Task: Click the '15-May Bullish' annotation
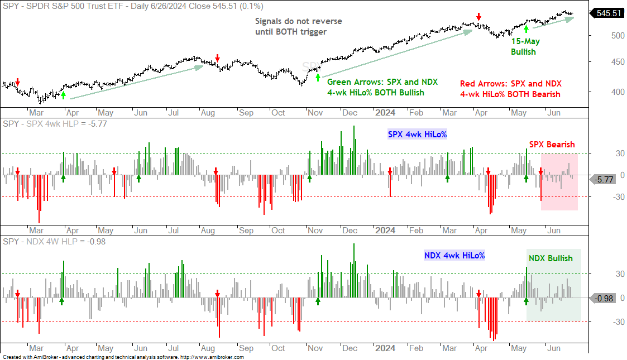point(525,46)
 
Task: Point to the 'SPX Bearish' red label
point(552,144)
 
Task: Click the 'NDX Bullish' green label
point(551,258)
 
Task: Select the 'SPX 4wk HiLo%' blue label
point(417,135)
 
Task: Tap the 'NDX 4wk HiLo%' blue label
point(454,255)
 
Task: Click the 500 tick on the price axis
point(618,36)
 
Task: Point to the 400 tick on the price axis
point(618,92)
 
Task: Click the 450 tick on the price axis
point(618,62)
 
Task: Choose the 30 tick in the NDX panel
point(620,274)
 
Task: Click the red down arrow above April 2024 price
point(478,17)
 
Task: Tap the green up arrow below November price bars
point(318,78)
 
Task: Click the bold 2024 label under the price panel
point(385,113)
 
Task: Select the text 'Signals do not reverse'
point(299,21)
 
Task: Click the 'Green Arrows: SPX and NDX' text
point(382,82)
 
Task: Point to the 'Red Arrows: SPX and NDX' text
point(511,84)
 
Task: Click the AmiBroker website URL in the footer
point(212,357)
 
